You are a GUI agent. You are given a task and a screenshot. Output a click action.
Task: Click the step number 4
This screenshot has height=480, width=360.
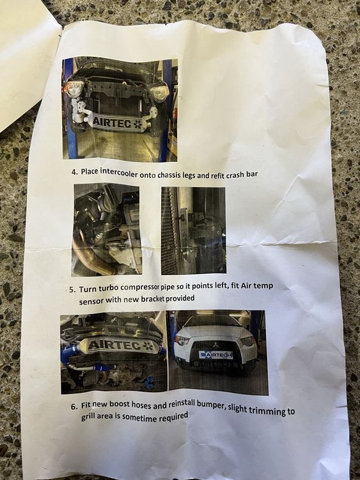[74, 172]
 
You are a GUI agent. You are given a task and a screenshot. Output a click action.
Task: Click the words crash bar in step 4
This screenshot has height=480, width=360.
[242, 175]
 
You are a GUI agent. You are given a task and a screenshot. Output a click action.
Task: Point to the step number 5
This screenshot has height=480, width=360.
[72, 289]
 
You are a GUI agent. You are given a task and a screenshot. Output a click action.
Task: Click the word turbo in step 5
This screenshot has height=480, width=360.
[108, 289]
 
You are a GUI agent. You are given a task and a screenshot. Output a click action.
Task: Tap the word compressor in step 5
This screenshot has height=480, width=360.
[140, 287]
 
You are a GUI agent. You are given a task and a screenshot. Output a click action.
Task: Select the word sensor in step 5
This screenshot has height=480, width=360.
[91, 301]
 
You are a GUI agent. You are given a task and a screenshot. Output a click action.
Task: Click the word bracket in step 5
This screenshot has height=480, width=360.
[152, 299]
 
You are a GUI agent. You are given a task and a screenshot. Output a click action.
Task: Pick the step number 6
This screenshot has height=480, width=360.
[74, 406]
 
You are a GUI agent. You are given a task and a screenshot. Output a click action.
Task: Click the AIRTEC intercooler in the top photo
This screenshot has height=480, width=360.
[116, 122]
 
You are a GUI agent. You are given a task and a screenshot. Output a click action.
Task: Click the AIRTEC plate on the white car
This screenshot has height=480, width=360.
[215, 355]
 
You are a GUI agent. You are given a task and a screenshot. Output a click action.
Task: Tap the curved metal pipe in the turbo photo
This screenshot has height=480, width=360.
[92, 251]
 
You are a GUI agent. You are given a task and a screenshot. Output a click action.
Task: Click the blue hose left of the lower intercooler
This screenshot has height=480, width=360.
[69, 353]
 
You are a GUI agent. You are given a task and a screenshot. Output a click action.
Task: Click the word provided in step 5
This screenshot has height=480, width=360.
[180, 298]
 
